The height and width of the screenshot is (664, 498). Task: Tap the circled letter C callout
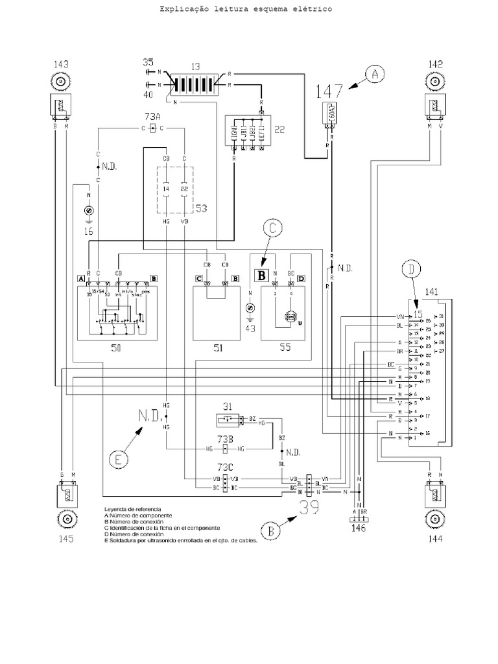point(274,228)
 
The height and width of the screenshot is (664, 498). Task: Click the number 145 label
point(65,538)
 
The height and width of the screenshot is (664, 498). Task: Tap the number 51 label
point(217,348)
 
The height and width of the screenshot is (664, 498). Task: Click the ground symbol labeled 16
point(88,210)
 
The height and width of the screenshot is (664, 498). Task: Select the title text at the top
point(245,10)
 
